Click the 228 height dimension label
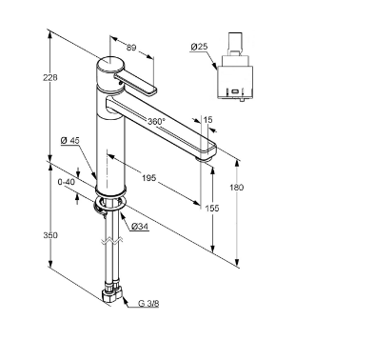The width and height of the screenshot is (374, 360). [x=50, y=77]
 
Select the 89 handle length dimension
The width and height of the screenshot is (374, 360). [x=131, y=48]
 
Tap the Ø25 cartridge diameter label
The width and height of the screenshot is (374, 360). [x=199, y=47]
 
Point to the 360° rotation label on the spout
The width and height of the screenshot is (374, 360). [x=157, y=121]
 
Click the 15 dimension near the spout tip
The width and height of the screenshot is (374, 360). [x=207, y=120]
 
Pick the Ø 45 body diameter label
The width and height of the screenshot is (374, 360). [x=70, y=140]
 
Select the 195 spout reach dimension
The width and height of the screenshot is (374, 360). [x=148, y=178]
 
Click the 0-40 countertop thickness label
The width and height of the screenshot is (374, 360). [x=67, y=182]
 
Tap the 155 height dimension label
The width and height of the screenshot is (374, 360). [x=212, y=209]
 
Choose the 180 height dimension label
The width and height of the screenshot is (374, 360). [x=237, y=188]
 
